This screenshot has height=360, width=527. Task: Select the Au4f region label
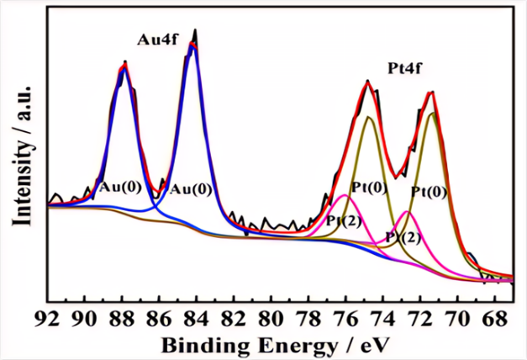(157, 40)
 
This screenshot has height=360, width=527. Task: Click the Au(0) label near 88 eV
(119, 186)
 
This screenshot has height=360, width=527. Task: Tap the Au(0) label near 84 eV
(190, 188)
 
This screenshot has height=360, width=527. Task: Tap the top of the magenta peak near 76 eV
(345, 195)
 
